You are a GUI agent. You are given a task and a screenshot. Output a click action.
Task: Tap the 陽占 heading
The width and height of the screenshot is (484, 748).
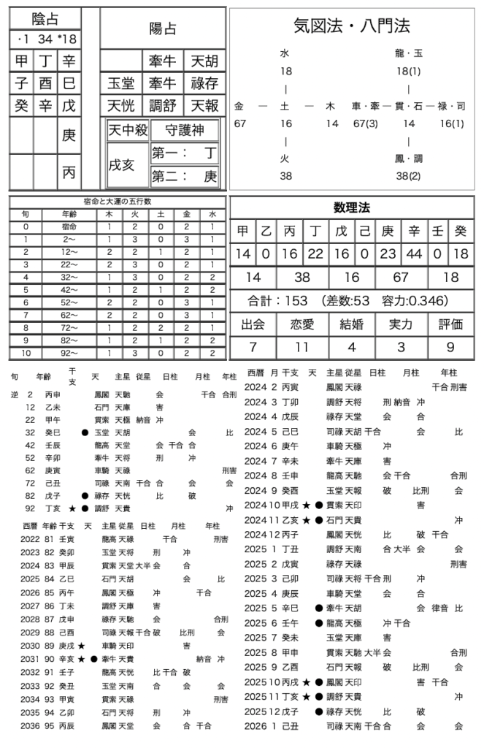[162, 28]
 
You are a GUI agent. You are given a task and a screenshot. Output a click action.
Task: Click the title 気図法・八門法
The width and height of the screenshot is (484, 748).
[352, 26]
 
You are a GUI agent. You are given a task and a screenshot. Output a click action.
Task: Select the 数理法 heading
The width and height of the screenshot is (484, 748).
[352, 207]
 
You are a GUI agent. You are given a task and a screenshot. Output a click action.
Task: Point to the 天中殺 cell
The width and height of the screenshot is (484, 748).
[128, 131]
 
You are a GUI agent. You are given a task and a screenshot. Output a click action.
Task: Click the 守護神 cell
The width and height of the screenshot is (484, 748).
[185, 131]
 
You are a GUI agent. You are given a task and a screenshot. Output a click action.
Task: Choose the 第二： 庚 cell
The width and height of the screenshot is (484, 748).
[185, 177]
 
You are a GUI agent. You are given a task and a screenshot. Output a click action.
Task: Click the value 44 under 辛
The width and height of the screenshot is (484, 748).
[414, 254]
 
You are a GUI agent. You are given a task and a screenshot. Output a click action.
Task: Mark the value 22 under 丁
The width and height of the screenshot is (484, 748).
[315, 254]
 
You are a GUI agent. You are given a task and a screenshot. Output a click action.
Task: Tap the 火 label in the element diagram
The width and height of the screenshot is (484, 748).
[285, 158]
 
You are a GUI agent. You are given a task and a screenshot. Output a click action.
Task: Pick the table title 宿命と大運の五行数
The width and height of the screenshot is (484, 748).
[118, 202]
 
